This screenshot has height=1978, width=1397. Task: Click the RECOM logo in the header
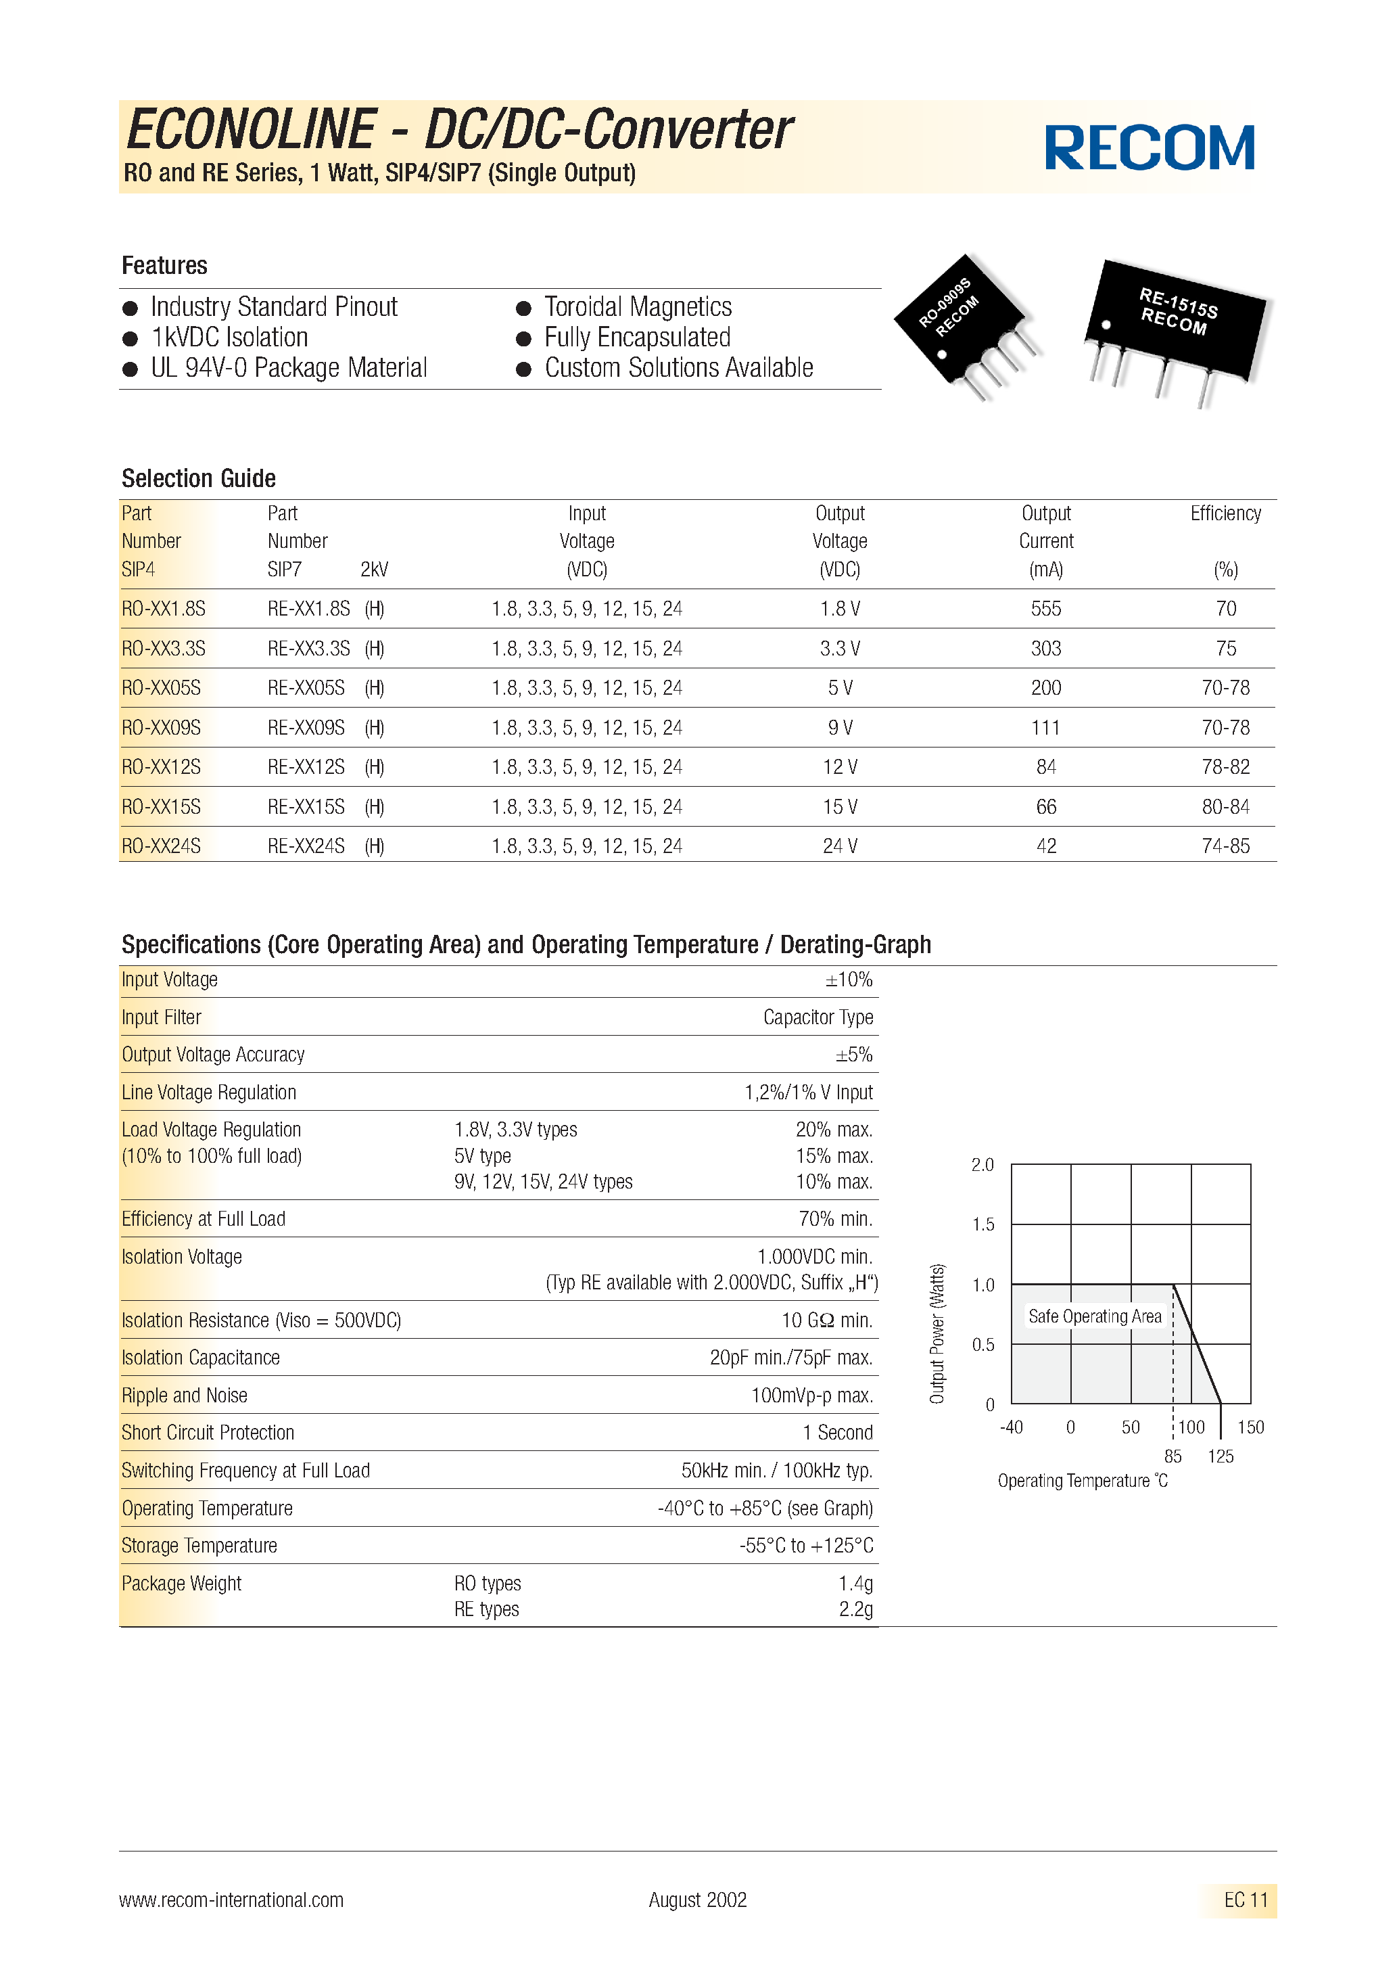point(1149,148)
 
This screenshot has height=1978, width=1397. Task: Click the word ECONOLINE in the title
point(252,130)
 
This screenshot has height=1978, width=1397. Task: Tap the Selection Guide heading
point(198,478)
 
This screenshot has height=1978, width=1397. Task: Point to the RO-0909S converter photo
point(965,325)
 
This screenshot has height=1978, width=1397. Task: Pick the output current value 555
point(1045,609)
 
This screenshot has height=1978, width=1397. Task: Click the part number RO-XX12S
point(161,766)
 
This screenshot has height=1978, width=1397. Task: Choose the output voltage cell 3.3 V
point(840,649)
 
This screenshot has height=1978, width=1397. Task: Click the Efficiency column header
point(1225,513)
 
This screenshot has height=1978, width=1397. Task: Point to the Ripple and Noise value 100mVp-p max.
point(811,1395)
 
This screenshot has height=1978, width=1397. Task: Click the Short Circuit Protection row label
point(208,1433)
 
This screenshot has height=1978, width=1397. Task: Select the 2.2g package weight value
point(855,1609)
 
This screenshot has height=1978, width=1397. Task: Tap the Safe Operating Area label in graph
point(1094,1316)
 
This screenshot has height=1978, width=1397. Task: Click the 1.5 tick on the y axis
point(982,1224)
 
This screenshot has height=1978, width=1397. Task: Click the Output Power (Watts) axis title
point(937,1333)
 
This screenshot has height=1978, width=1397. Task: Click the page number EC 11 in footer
point(1246,1900)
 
